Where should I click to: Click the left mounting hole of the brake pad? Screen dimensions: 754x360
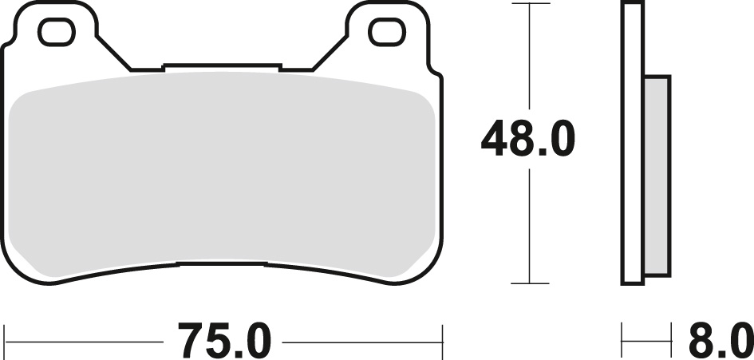pos(57,32)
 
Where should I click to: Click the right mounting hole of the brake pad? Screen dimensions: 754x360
pos(387,32)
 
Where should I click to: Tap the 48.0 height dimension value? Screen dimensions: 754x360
pos(528,139)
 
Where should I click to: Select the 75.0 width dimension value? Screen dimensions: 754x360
pos(224,341)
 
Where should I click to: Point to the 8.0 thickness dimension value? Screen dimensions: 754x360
pos(720,341)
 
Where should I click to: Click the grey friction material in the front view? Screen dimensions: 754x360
pos(222,173)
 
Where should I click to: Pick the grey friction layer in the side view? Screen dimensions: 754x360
pos(657,175)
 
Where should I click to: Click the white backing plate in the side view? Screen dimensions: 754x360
pos(633,144)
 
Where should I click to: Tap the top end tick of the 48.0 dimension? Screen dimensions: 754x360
pos(530,3)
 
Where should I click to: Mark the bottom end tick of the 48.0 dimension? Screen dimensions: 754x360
pos(530,283)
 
